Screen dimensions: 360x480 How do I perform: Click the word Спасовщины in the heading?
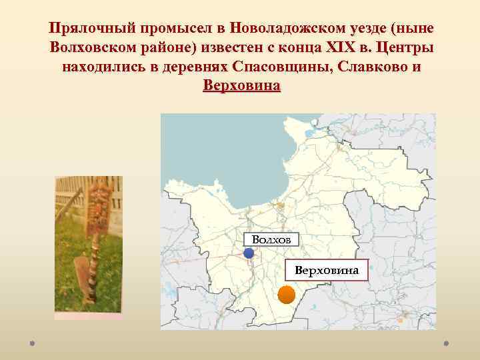tap(279, 68)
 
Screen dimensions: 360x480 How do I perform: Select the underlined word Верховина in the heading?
tap(241, 87)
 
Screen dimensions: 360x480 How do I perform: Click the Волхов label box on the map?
tap(271, 239)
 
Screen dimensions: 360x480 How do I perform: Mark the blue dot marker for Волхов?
tap(249, 253)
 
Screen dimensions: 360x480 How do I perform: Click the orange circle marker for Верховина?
tap(286, 295)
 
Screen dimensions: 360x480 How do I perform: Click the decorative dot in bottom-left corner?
tap(33, 345)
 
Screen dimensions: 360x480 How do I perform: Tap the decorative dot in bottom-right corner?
tap(446, 345)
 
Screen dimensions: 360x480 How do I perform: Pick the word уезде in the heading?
tap(367, 29)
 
